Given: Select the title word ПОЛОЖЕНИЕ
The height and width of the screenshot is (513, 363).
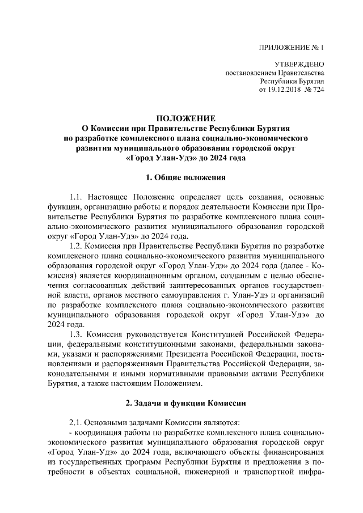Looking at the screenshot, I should (186, 118).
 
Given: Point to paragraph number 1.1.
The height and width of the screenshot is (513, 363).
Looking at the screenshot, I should (76, 197).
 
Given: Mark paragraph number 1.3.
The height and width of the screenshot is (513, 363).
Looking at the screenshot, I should (76, 334).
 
